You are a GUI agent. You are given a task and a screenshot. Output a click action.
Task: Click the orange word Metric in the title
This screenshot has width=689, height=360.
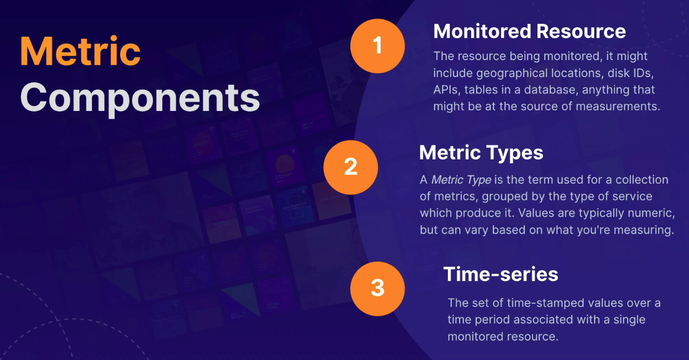coord(80,51)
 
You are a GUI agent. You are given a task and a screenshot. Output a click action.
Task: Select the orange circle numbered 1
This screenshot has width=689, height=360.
coord(377,46)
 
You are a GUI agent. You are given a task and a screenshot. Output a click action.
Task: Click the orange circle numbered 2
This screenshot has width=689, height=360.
coord(351,167)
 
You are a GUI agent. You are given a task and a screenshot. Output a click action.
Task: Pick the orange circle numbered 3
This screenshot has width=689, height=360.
coord(377,289)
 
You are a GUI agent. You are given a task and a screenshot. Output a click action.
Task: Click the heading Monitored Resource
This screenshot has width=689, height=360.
coord(530,31)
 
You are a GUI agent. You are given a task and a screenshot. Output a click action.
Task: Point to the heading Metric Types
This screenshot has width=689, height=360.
coord(481,153)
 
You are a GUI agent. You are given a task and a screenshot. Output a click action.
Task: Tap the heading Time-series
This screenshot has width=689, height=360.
coord(501,274)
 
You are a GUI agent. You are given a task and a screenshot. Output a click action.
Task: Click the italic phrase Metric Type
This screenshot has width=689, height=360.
coord(461,180)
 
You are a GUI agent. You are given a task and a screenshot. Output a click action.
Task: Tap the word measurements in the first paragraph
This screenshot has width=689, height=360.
coord(618,107)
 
